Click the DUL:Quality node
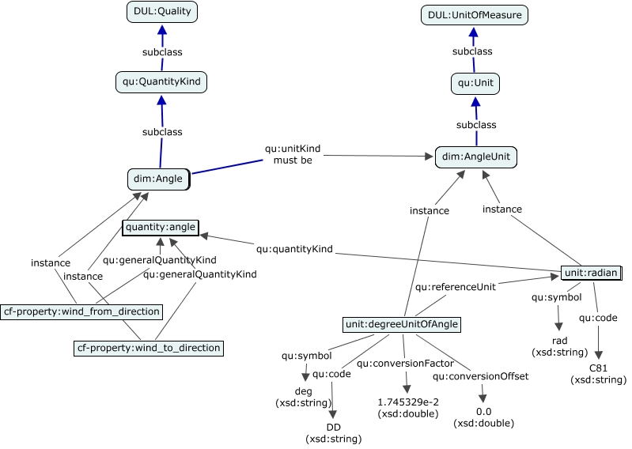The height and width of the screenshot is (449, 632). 162,12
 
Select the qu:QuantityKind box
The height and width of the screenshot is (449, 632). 161,81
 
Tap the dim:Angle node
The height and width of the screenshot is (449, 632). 158,179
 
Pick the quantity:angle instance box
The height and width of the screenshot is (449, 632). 161,227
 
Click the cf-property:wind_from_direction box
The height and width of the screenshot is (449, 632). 81,311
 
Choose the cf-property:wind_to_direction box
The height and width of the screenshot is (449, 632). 149,348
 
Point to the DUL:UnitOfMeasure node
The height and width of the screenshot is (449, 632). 475,15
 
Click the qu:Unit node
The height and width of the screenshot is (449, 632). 475,83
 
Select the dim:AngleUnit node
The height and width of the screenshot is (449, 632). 476,157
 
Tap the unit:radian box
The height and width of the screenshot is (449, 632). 592,273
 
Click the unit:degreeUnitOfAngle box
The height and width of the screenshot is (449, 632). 402,325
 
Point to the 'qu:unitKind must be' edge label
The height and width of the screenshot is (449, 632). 293,154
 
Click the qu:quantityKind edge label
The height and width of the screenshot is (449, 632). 294,249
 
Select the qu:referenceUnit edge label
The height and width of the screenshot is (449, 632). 456,287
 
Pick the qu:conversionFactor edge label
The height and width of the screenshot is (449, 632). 406,364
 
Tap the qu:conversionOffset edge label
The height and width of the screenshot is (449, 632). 480,376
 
